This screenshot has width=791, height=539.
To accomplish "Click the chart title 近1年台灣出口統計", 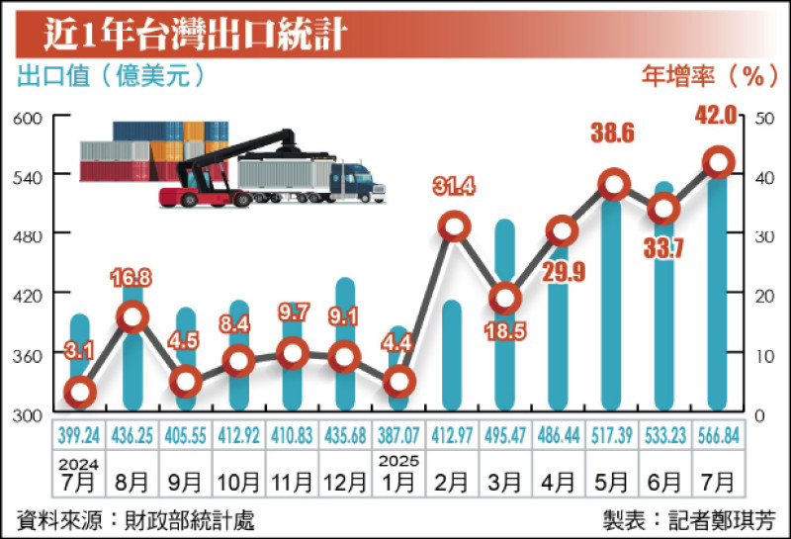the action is tap(195, 35).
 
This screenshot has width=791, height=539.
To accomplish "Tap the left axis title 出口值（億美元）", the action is tap(112, 76).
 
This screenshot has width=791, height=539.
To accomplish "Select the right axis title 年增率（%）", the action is tap(710, 76).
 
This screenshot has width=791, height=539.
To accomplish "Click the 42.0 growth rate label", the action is tap(716, 115).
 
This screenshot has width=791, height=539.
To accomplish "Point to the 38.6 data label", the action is tap(612, 134).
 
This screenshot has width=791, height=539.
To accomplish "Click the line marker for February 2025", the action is tap(454, 226).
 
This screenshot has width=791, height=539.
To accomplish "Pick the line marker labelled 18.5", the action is tap(505, 299).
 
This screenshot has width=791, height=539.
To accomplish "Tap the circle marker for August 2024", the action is tap(132, 316).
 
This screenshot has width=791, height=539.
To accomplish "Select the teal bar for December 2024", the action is tap(345, 344).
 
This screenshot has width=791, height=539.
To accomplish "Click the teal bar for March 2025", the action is tap(505, 314).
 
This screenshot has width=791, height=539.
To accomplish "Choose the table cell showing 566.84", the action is tap(719, 435).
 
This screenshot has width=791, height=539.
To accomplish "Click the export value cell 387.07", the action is tap(398, 435).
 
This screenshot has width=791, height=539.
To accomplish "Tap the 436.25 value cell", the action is tap(132, 435).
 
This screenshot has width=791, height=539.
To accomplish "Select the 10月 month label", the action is tap(238, 483).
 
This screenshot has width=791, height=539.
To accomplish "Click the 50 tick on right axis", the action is tap(764, 118).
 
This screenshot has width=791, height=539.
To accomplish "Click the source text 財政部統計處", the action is tap(190, 521).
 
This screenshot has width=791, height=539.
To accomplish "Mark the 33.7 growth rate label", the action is tap(663, 248).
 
